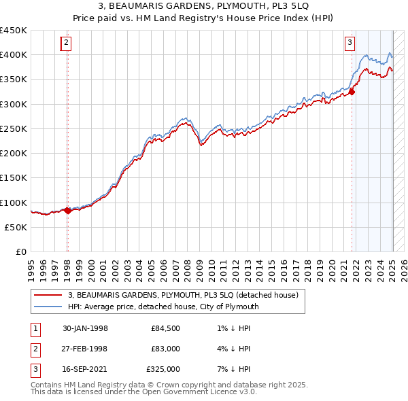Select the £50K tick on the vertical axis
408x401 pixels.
coord(16,227)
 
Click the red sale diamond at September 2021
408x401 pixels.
coord(352,92)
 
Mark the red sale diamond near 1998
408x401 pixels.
coord(67,211)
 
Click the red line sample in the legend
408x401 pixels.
coord(49,294)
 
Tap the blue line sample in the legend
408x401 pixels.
coord(49,307)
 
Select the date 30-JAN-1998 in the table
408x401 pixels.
coord(85,328)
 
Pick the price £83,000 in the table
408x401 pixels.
coord(165,349)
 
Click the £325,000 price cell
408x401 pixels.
coord(163,369)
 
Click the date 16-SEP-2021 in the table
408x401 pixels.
coord(85,369)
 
